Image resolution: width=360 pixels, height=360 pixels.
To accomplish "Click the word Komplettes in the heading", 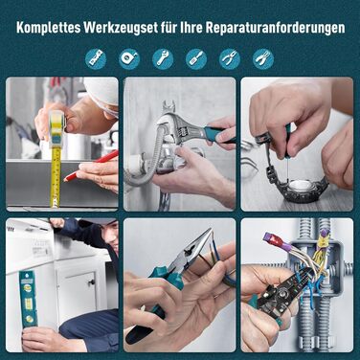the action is pos(48,28).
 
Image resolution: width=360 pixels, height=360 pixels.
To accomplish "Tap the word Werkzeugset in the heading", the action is pos(121,28).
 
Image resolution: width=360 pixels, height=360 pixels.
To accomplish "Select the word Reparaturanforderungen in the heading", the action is pos(275,28).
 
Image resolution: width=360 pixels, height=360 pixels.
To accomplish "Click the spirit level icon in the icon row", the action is pos(96,59).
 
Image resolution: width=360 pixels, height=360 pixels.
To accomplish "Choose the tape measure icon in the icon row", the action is pos(129,59).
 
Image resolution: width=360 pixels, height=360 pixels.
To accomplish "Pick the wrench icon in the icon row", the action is pos(163,59).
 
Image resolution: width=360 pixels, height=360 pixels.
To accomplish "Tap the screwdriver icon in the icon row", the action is pos(196,59).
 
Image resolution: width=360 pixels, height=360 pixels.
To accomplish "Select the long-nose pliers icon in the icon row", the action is pos(230,59).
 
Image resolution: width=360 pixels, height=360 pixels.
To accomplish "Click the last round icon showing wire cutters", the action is pos(263,59).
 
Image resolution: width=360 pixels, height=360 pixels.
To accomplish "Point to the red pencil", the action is pos(92,165).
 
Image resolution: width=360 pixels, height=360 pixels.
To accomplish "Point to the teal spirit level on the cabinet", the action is pos(28,299).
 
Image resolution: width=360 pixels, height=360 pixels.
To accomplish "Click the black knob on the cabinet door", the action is pos(93,281).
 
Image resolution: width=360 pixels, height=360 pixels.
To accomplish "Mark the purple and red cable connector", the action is pos(275,240).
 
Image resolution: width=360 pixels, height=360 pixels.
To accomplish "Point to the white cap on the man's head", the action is pos(101,91).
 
